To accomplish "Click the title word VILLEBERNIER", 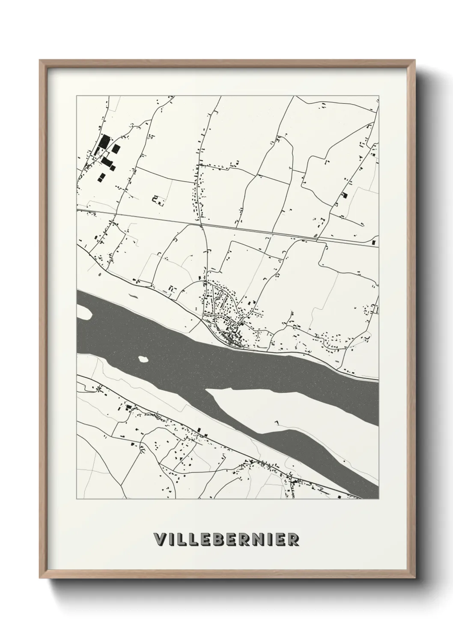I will click(x=226, y=539).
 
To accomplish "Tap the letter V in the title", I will click(x=160, y=539).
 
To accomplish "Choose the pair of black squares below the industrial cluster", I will click(x=101, y=177).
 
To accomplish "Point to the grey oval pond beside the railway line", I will click(x=316, y=234).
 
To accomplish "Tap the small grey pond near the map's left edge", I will click(x=99, y=273).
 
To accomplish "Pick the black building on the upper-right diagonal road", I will click(x=344, y=195).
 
